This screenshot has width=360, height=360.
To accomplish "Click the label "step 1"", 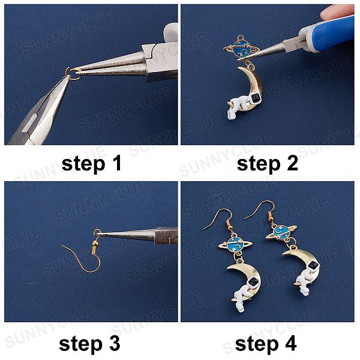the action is [91, 164].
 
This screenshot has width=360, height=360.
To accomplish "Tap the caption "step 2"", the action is [268, 164].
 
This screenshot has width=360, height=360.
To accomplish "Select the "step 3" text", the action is [89, 344].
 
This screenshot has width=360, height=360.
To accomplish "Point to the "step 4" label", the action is [266, 344].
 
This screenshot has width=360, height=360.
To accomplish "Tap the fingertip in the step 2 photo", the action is [337, 11].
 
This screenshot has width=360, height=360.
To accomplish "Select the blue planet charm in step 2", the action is [241, 48].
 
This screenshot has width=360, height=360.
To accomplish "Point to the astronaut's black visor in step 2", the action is [256, 98].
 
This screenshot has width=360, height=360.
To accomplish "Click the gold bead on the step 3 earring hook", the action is [95, 242].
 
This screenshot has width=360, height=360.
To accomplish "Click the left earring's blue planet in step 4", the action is [235, 245].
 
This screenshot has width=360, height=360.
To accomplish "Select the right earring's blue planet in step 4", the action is [281, 231].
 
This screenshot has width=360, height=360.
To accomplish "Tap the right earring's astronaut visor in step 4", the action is [313, 265].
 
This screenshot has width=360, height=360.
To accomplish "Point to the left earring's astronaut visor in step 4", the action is [253, 281].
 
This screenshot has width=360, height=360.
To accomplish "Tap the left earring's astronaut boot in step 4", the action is [239, 308].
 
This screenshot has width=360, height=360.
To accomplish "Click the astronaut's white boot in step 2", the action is [232, 115].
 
